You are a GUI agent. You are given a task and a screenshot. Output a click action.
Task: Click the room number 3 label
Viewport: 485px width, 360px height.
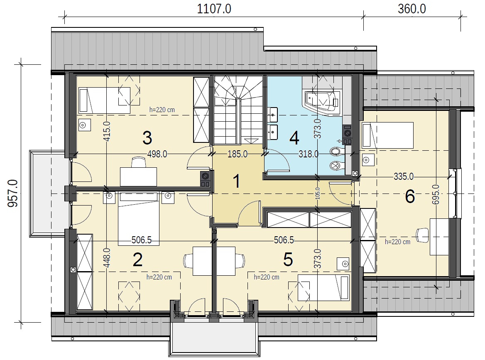(147, 138)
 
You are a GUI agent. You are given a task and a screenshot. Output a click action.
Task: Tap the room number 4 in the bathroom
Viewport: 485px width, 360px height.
(294, 138)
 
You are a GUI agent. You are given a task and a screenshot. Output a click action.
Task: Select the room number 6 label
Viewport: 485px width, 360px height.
(410, 196)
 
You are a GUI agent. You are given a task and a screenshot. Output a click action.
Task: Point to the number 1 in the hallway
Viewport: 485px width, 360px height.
(237, 181)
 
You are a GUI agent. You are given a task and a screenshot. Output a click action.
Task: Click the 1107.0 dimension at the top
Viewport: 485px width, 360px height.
(214, 9)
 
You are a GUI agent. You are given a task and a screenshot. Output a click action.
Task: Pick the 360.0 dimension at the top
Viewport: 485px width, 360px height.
(412, 9)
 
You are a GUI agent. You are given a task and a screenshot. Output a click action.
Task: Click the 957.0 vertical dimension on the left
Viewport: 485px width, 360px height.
(13, 193)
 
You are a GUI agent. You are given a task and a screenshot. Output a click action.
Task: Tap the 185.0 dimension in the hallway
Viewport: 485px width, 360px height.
(238, 154)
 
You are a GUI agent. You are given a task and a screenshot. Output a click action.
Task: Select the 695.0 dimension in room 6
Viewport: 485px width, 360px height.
(436, 194)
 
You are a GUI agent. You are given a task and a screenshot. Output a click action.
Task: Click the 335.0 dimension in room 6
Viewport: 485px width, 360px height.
(404, 176)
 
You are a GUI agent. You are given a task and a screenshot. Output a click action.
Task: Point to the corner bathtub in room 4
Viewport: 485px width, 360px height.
(322, 103)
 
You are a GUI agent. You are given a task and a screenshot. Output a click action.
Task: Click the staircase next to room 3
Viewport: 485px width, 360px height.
(238, 110)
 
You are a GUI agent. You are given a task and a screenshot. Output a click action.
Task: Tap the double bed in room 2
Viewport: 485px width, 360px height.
(139, 219)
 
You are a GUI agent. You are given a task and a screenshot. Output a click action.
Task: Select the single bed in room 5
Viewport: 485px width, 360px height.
(323, 287)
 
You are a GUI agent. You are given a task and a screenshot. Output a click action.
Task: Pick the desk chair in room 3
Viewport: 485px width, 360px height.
(138, 162)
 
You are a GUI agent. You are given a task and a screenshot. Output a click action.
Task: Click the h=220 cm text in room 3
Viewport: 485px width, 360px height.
(162, 110)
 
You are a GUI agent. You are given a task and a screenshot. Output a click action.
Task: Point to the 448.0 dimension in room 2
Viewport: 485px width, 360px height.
(107, 258)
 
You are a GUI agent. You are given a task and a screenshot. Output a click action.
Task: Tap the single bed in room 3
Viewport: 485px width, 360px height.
(105, 100)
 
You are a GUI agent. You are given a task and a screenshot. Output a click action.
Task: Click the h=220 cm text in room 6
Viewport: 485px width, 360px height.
(397, 242)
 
